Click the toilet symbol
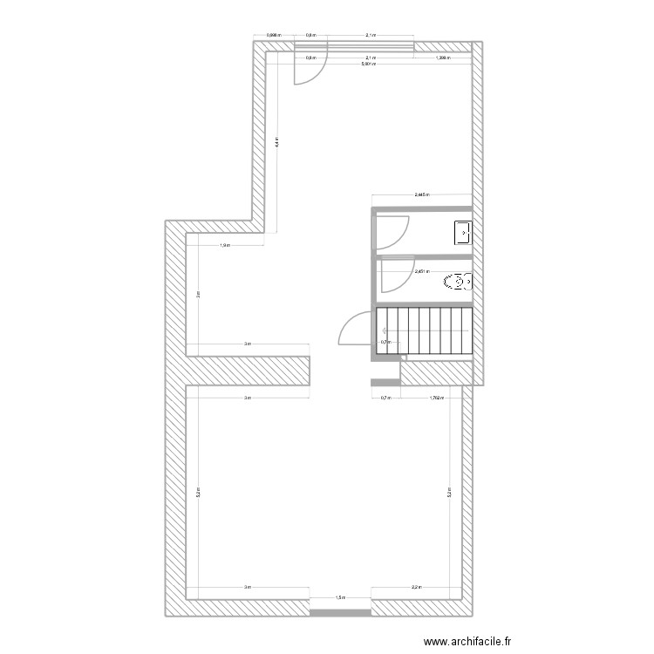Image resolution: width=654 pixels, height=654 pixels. (x=458, y=282)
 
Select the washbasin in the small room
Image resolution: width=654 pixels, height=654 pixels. (x=461, y=233)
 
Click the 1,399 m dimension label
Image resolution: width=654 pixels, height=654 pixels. (x=442, y=58)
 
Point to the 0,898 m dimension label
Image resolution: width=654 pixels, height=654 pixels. (x=273, y=36)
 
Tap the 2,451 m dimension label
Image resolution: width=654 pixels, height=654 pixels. (x=422, y=271)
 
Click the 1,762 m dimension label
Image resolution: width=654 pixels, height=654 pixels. (x=437, y=398)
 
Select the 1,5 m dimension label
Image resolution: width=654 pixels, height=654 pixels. (x=341, y=598)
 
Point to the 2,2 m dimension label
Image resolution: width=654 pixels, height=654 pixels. (x=416, y=588)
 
